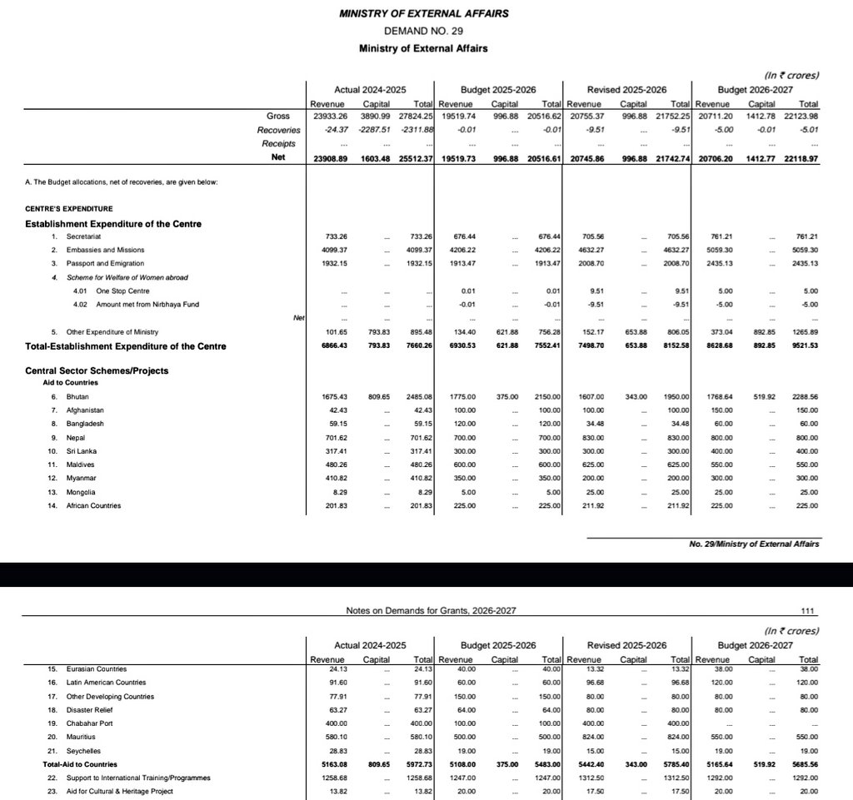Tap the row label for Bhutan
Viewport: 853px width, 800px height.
click(78, 398)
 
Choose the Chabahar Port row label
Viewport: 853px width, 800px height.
click(88, 723)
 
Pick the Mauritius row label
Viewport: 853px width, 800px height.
click(82, 737)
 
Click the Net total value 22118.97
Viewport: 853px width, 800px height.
click(801, 158)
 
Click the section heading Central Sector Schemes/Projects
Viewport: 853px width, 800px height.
click(97, 370)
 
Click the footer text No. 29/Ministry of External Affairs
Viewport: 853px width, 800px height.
click(754, 544)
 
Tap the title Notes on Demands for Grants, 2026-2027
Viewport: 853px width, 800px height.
click(431, 611)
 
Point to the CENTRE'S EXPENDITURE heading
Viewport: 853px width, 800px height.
click(69, 208)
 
